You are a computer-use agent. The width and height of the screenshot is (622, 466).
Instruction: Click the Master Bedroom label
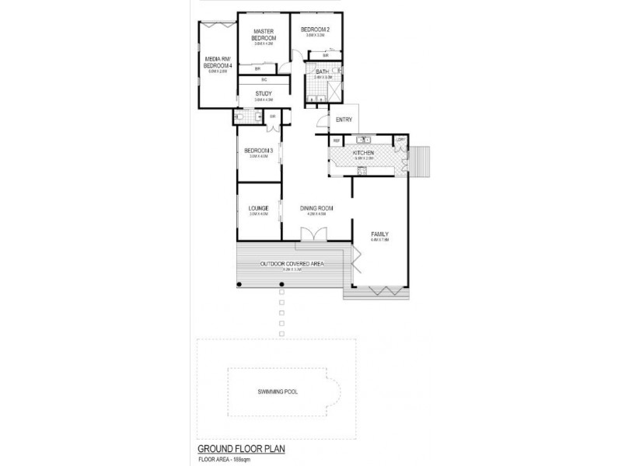(264, 36)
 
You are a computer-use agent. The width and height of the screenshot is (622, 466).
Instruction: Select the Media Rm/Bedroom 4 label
(218, 62)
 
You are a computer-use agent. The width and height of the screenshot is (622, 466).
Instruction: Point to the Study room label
(264, 94)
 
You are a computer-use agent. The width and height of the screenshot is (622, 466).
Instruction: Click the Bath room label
(322, 71)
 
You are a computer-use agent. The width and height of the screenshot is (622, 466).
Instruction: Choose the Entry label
(344, 120)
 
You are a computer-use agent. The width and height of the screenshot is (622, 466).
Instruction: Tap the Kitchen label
(364, 153)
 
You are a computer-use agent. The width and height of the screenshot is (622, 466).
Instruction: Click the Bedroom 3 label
(258, 151)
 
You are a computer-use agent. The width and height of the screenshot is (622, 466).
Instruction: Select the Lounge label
(258, 208)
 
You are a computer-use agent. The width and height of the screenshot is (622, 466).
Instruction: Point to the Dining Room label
(317, 208)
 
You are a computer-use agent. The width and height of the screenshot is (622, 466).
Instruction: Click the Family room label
(379, 235)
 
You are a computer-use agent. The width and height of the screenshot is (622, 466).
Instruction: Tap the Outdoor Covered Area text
(292, 265)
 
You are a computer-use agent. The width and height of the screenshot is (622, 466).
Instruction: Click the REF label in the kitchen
(337, 140)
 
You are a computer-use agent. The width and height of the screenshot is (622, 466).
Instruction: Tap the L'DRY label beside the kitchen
(401, 140)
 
